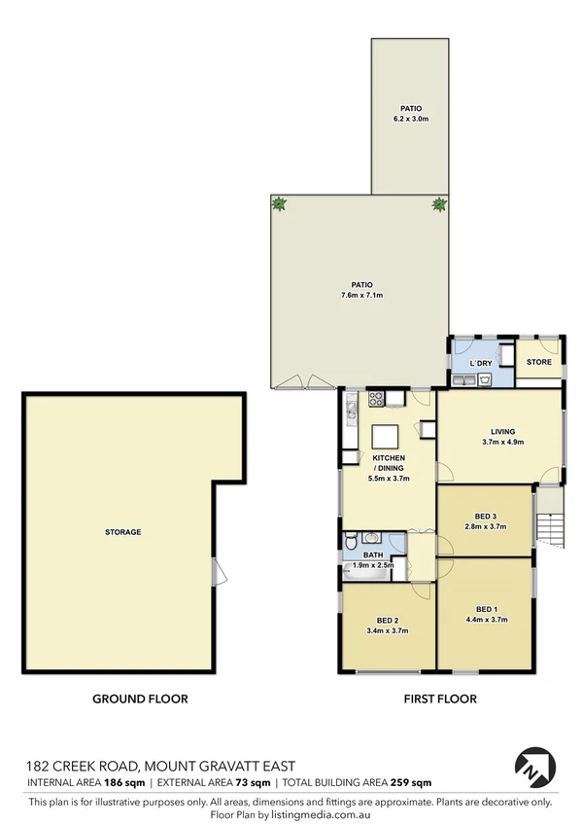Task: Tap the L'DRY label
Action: click(x=481, y=363)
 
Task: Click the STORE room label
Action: click(x=538, y=362)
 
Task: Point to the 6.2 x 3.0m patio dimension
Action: click(x=410, y=119)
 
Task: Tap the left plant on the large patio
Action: click(x=281, y=204)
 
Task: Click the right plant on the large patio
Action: click(x=439, y=204)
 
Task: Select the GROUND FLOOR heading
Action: click(x=140, y=699)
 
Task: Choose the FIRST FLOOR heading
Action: click(x=440, y=699)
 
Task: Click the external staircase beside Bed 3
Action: click(x=550, y=520)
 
